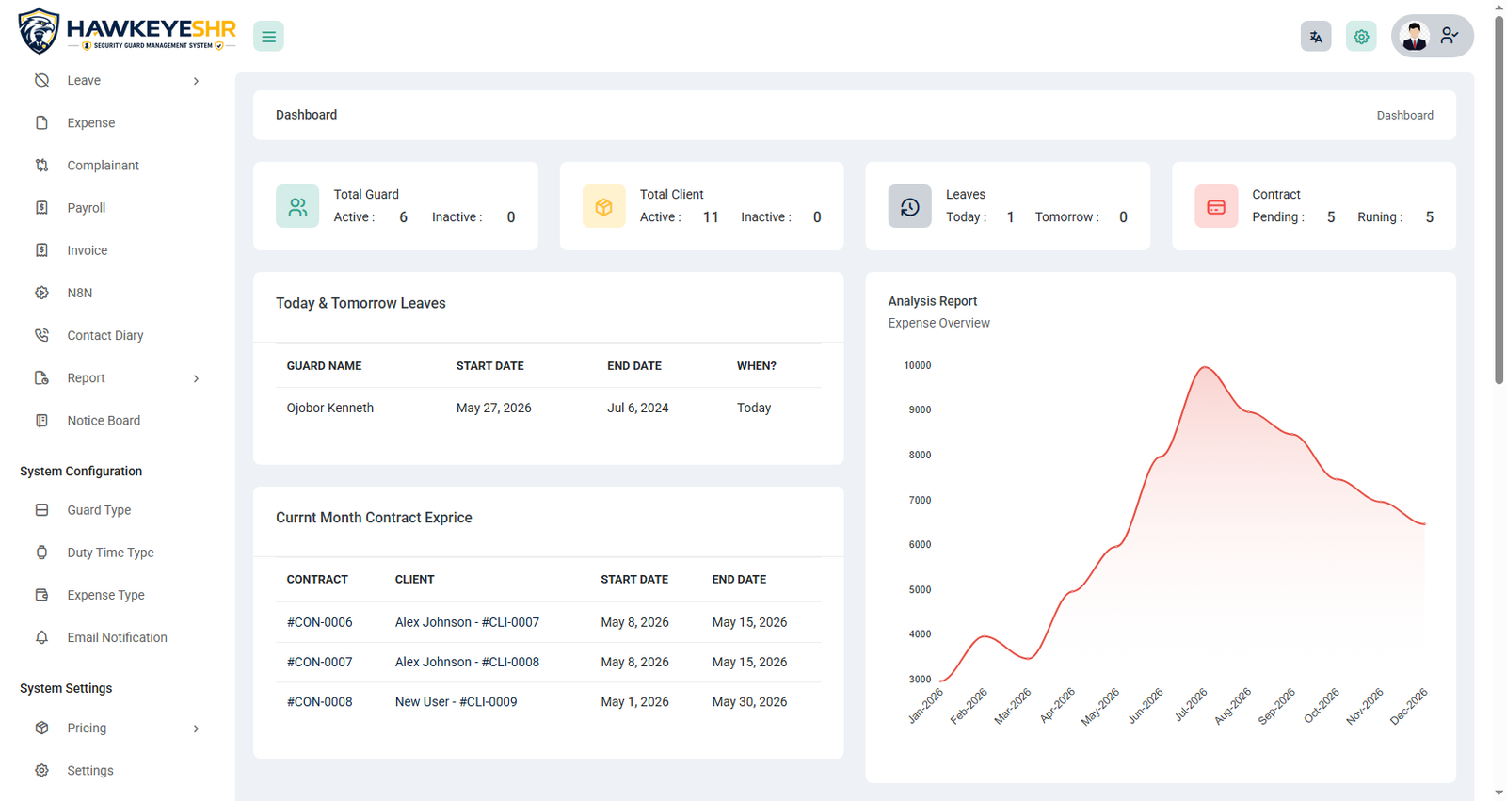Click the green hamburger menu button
tap(268, 37)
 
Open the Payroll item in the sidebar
tap(86, 208)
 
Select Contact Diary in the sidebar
tap(104, 335)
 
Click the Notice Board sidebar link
tap(104, 421)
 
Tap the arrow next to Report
tap(197, 378)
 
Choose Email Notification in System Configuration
tap(117, 637)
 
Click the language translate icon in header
tap(1316, 37)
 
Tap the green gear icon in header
tap(1361, 37)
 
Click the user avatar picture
tap(1414, 37)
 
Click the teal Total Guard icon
tap(297, 206)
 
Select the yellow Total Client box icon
tap(603, 206)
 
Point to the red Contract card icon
tap(1215, 206)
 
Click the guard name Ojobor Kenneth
tap(330, 408)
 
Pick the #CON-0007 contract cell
tap(319, 662)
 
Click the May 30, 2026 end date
tap(749, 701)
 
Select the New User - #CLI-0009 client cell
tap(456, 701)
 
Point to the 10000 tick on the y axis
tap(917, 365)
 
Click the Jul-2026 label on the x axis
tap(1191, 705)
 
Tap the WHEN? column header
tap(757, 366)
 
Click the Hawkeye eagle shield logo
tap(39, 31)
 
